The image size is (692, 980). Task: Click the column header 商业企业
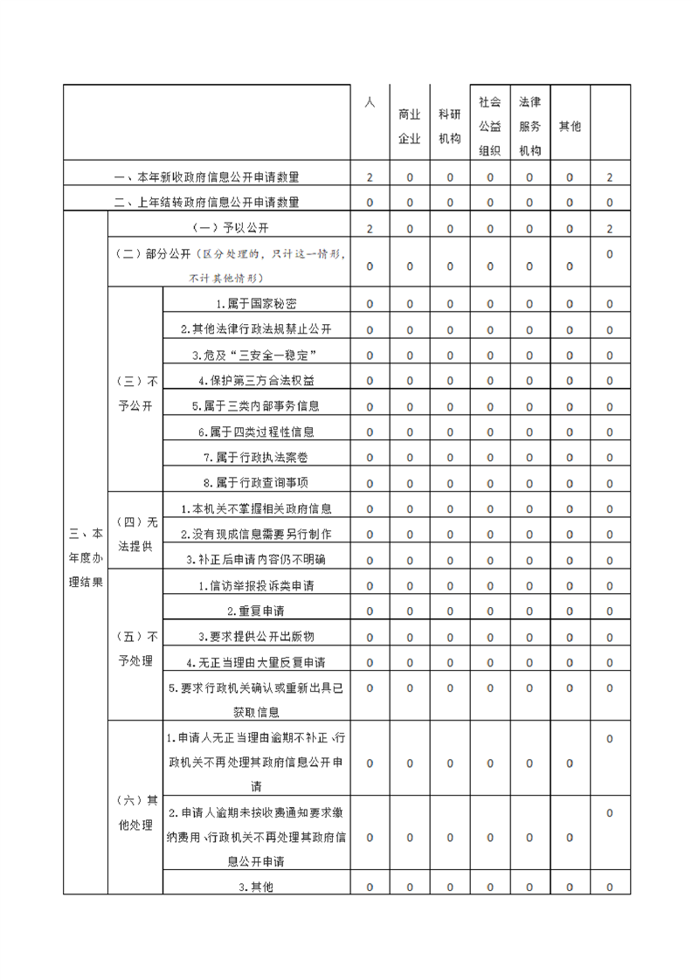point(410,126)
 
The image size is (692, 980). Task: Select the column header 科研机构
point(450,126)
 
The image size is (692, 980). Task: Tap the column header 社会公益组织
point(489,126)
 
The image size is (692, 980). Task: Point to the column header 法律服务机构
point(529,126)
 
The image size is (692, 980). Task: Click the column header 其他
point(570,126)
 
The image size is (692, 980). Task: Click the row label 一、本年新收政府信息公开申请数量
point(207,177)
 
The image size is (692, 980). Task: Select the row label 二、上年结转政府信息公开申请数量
point(207,203)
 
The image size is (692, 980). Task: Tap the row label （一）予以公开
point(228,229)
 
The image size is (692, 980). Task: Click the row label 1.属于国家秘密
point(256,305)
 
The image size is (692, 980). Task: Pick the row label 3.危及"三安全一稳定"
point(256,355)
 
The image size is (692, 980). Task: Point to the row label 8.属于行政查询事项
point(256,482)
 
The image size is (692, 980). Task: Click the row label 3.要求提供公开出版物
point(256,636)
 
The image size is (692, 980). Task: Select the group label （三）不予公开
point(135,394)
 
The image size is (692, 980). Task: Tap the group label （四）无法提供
point(135,534)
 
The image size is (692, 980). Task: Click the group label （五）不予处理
point(135,648)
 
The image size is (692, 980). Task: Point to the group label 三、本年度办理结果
point(86,557)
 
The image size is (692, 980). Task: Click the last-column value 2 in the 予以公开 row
point(610,229)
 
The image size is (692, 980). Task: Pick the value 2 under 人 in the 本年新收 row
point(370,177)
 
